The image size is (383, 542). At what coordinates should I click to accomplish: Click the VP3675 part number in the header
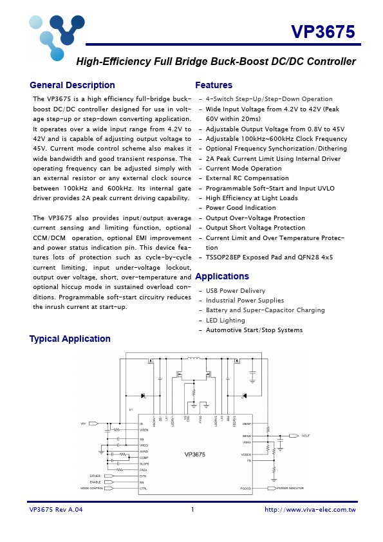pyautogui.click(x=322, y=33)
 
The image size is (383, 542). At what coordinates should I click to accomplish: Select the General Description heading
pyautogui.click(x=72, y=85)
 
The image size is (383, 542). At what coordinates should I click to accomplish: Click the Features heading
pyautogui.click(x=214, y=85)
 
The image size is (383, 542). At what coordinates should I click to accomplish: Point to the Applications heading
pyautogui.click(x=222, y=276)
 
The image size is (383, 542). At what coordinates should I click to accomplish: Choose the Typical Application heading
pyautogui.click(x=70, y=339)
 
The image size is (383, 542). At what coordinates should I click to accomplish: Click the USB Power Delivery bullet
pyautogui.click(x=235, y=291)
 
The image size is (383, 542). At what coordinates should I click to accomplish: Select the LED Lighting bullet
pyautogui.click(x=225, y=320)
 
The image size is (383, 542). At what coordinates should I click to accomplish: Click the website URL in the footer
pyautogui.click(x=310, y=510)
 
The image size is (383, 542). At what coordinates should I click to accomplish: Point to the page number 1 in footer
pyautogui.click(x=192, y=510)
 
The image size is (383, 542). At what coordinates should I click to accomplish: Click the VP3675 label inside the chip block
pyautogui.click(x=194, y=454)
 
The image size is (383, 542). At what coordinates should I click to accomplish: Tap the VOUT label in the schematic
pyautogui.click(x=306, y=436)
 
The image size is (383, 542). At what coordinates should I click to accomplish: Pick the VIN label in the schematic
pyautogui.click(x=82, y=424)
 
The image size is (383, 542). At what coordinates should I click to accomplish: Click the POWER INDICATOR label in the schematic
pyautogui.click(x=290, y=489)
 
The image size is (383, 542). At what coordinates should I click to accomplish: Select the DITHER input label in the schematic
pyautogui.click(x=95, y=476)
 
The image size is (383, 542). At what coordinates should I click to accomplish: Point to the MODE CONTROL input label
pyautogui.click(x=91, y=489)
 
